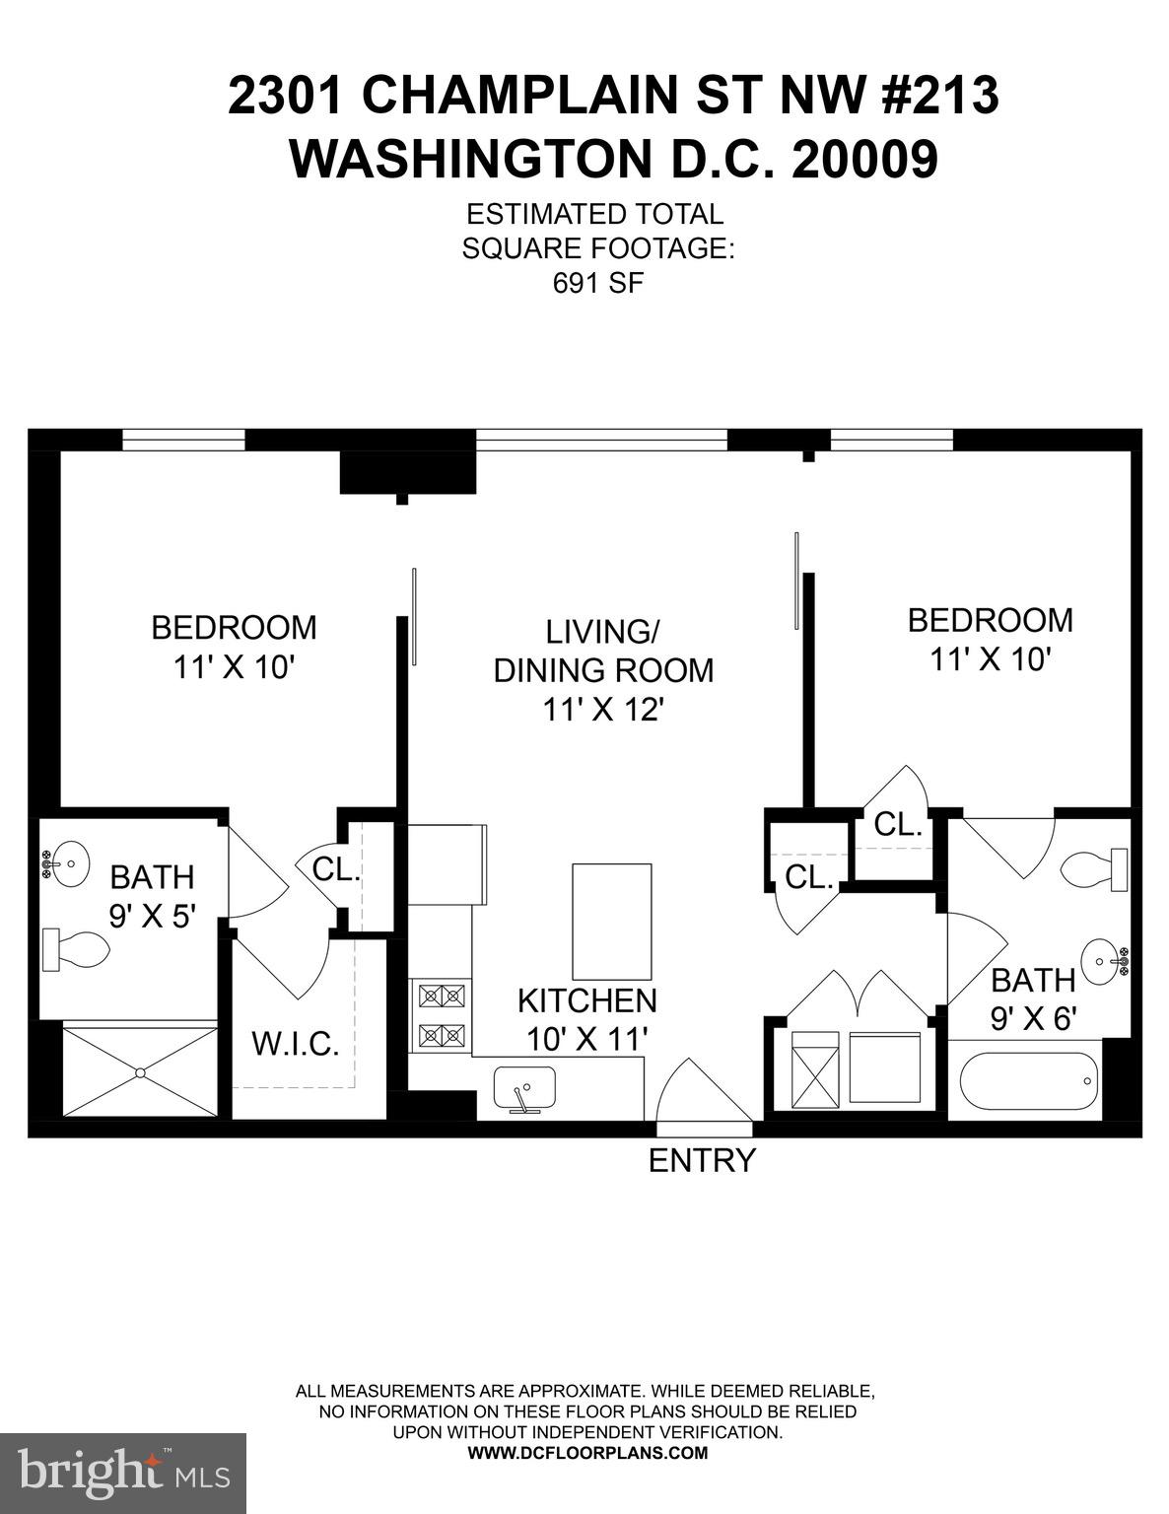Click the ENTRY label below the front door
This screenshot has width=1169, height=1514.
pyautogui.click(x=702, y=1161)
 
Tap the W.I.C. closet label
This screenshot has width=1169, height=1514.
pyautogui.click(x=296, y=1044)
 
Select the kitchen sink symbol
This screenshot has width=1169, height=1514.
pyautogui.click(x=524, y=1091)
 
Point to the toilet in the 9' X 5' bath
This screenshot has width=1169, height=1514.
pyautogui.click(x=76, y=949)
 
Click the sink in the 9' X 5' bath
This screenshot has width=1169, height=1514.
pyautogui.click(x=66, y=863)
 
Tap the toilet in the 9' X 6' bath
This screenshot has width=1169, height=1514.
pyautogui.click(x=1094, y=868)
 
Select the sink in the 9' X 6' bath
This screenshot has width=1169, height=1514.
pyautogui.click(x=1105, y=959)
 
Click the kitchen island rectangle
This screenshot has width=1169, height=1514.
pyautogui.click(x=612, y=921)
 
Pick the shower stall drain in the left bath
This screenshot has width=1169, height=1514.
pyautogui.click(x=140, y=1071)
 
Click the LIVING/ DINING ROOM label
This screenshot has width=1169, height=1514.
pyautogui.click(x=602, y=669)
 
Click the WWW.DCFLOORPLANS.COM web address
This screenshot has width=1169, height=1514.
pyautogui.click(x=586, y=1453)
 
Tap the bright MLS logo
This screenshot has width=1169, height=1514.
pyautogui.click(x=123, y=1473)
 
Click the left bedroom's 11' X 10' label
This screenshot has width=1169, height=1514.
pyautogui.click(x=235, y=667)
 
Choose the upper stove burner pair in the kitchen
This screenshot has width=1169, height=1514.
pyautogui.click(x=442, y=996)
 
